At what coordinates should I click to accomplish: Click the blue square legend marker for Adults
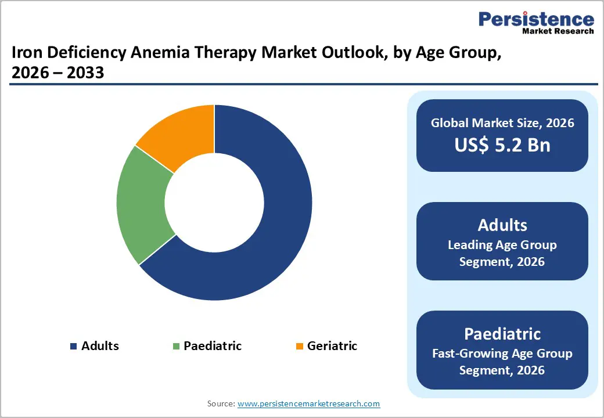pyautogui.click(x=73, y=347)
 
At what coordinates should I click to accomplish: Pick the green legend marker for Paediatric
pyautogui.click(x=175, y=347)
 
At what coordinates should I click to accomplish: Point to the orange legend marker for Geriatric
pyautogui.click(x=299, y=347)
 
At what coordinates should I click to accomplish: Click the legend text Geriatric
pyautogui.click(x=332, y=346)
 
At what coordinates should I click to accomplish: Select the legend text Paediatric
pyautogui.click(x=213, y=346)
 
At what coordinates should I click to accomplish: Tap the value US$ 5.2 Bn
pyautogui.click(x=502, y=145)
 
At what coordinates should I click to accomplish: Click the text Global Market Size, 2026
pyautogui.click(x=502, y=122)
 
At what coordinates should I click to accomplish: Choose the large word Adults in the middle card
pyautogui.click(x=502, y=225)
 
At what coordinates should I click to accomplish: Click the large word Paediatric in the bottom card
pyautogui.click(x=502, y=334)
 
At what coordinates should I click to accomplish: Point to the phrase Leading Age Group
pyautogui.click(x=502, y=245)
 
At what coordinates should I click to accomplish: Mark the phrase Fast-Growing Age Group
pyautogui.click(x=502, y=353)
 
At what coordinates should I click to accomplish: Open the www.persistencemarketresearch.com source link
pyautogui.click(x=308, y=403)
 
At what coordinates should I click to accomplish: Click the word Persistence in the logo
pyautogui.click(x=536, y=19)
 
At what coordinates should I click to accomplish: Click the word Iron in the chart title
pyautogui.click(x=25, y=54)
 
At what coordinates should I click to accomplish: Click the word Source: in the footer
pyautogui.click(x=221, y=403)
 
